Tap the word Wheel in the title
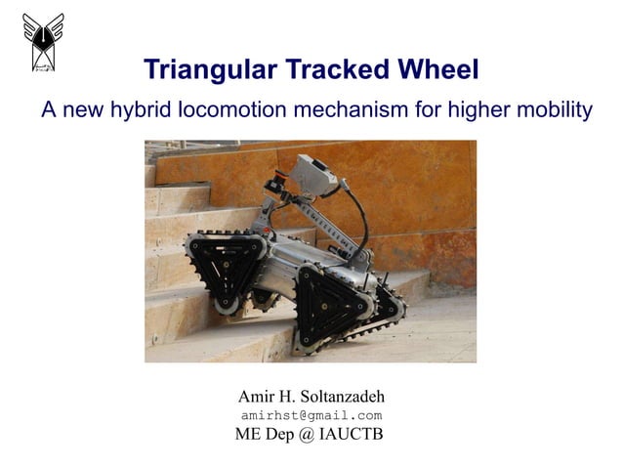pos(435,70)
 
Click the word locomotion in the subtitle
pos(228,110)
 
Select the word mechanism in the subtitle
pos(345,110)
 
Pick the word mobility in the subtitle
pos(553,110)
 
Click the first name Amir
pos(257,397)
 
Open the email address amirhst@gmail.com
pos(311,416)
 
